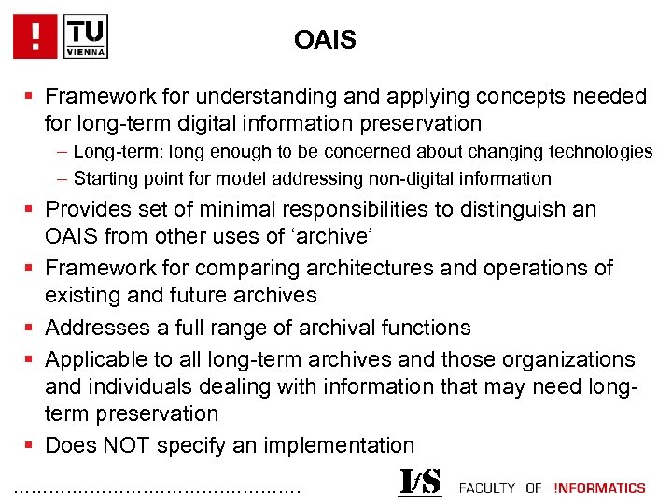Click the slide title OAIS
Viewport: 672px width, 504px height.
(x=325, y=40)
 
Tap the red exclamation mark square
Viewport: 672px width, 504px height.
(x=35, y=36)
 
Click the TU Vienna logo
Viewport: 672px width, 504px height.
(x=87, y=36)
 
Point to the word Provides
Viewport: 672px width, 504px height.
(x=88, y=208)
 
